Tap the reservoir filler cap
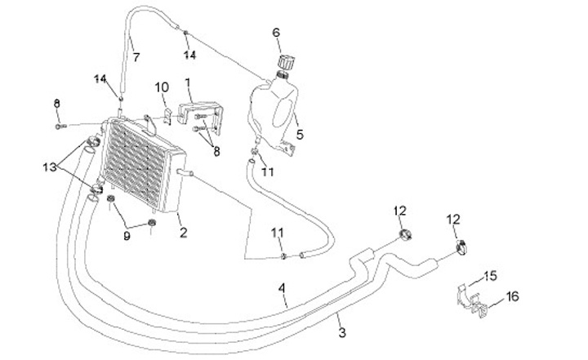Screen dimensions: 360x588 [286, 62]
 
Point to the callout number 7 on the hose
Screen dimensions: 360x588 [136, 57]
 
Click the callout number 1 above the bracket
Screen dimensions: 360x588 [188, 82]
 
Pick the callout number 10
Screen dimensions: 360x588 [162, 87]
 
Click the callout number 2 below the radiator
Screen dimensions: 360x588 [183, 233]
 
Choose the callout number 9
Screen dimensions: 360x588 [126, 237]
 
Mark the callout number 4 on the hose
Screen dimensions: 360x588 [281, 288]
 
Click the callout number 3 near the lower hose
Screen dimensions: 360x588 [342, 332]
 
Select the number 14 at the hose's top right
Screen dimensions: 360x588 [190, 56]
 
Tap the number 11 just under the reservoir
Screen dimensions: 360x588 [268, 172]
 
